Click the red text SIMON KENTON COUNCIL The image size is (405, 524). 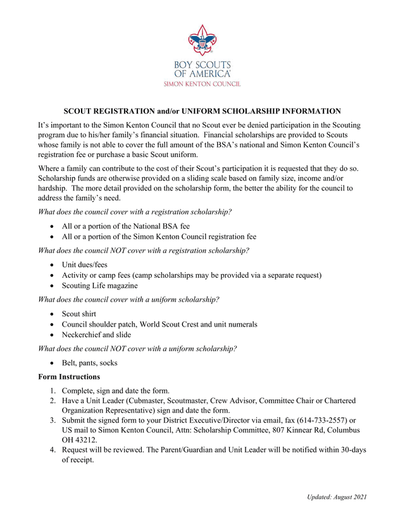point(202,84)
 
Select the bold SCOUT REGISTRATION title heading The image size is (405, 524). point(202,111)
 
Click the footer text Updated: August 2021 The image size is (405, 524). point(337,497)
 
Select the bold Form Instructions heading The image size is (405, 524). point(69,377)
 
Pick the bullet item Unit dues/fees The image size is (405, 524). point(84,265)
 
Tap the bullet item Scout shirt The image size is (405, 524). point(80,314)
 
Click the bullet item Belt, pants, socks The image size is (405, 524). point(89,363)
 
